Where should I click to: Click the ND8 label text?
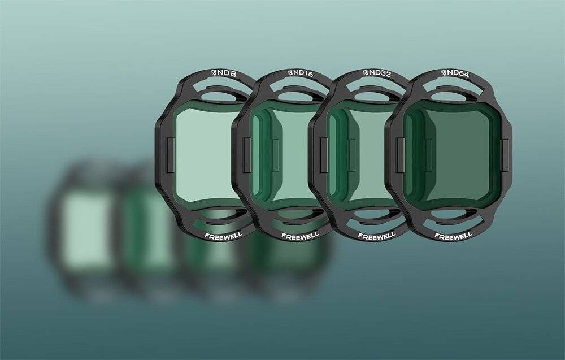click(227, 73)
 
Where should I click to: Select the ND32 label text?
click(380, 73)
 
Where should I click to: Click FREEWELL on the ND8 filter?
click(223, 236)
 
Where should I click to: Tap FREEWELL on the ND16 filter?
click(300, 236)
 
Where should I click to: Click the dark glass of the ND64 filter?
click(452, 155)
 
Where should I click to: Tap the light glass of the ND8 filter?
click(206, 155)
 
